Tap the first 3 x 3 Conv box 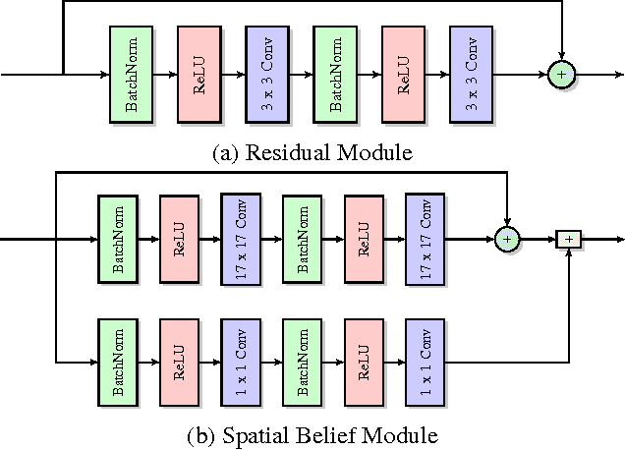pos(267,74)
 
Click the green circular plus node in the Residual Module pos(560,74)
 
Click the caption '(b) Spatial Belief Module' pos(313,433)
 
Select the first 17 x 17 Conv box pos(242,239)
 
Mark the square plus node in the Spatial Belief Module pos(568,239)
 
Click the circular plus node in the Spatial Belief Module pos(507,239)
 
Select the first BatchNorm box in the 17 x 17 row pos(119,239)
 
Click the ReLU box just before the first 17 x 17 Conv pos(180,239)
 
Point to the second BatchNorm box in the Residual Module pos(335,74)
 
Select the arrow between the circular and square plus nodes pos(538,239)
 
